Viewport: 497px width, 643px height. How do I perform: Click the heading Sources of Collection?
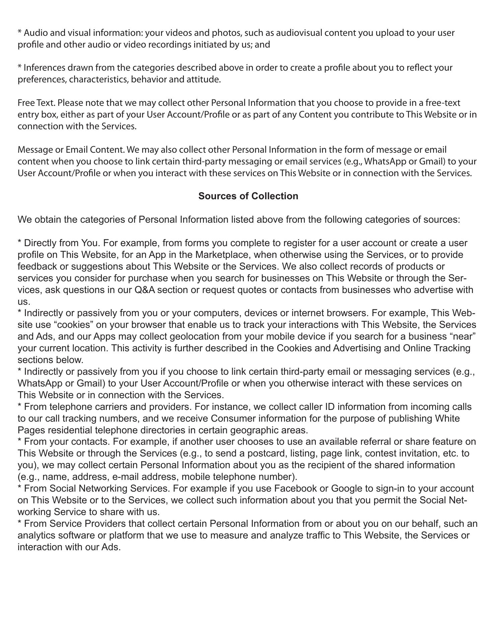248,196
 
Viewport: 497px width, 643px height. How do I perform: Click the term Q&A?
145,290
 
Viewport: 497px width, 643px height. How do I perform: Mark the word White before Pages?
447,419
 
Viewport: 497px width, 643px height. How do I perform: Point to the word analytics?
35,535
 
